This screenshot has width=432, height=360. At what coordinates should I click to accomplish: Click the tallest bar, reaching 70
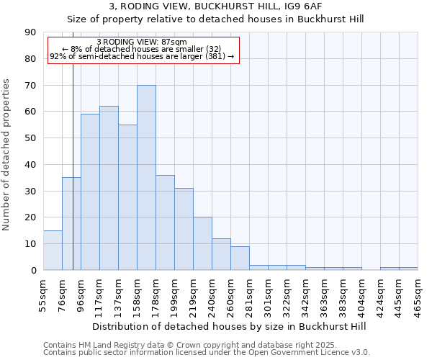[146, 178]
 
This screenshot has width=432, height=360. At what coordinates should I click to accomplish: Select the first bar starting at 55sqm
[53, 251]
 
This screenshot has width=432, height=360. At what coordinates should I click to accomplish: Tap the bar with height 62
[109, 188]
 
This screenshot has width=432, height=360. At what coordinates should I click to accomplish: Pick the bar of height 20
[202, 243]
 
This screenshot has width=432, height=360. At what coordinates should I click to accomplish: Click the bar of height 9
[240, 258]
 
